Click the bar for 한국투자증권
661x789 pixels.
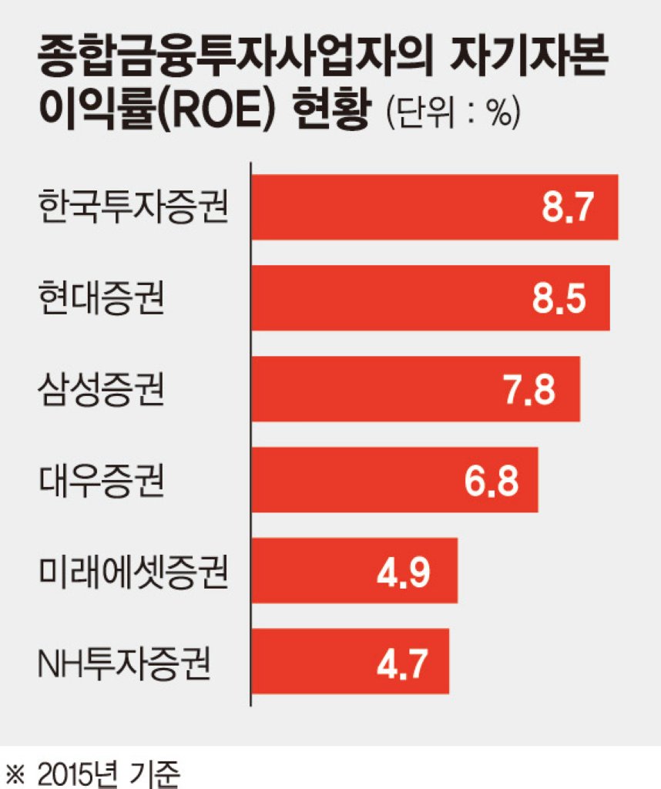click(x=435, y=206)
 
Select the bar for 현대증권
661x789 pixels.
click(x=431, y=298)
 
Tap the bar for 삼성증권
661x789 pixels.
click(x=415, y=389)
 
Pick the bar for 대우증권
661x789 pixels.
click(x=395, y=479)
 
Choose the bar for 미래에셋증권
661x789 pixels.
click(x=354, y=570)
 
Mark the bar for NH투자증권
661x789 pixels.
click(x=350, y=661)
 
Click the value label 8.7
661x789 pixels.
click(x=568, y=206)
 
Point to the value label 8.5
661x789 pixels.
click(x=559, y=298)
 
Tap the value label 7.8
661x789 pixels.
click(x=529, y=389)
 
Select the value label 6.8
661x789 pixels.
click(x=491, y=480)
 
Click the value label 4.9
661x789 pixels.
click(x=404, y=571)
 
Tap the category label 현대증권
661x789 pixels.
click(x=102, y=298)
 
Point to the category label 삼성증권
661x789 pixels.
click(x=102, y=389)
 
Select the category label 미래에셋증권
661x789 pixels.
click(x=133, y=571)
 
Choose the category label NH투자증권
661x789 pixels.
click(x=124, y=662)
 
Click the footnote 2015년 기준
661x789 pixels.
click(x=108, y=773)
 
